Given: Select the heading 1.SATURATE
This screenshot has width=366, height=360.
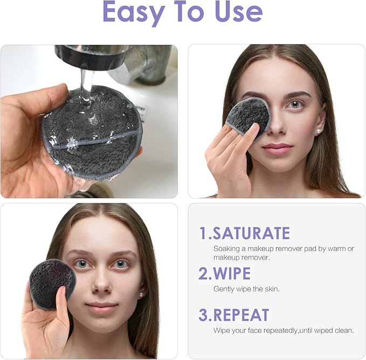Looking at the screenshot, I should [x=244, y=233].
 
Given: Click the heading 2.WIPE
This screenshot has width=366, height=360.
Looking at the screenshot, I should [x=224, y=273].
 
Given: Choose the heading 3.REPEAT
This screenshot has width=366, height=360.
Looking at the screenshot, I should [x=233, y=315].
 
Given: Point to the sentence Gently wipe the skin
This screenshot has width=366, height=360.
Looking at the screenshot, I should [x=246, y=289].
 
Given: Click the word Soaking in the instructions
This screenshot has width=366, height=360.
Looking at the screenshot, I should [x=226, y=249].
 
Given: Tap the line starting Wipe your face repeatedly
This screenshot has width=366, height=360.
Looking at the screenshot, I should [x=284, y=330].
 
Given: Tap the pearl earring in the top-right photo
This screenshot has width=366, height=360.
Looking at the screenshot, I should [x=319, y=131].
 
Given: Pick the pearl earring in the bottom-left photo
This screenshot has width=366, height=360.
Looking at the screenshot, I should [x=141, y=295].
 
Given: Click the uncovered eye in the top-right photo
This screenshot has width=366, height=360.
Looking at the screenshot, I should [x=295, y=104].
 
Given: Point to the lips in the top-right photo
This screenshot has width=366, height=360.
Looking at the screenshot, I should [x=277, y=148].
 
